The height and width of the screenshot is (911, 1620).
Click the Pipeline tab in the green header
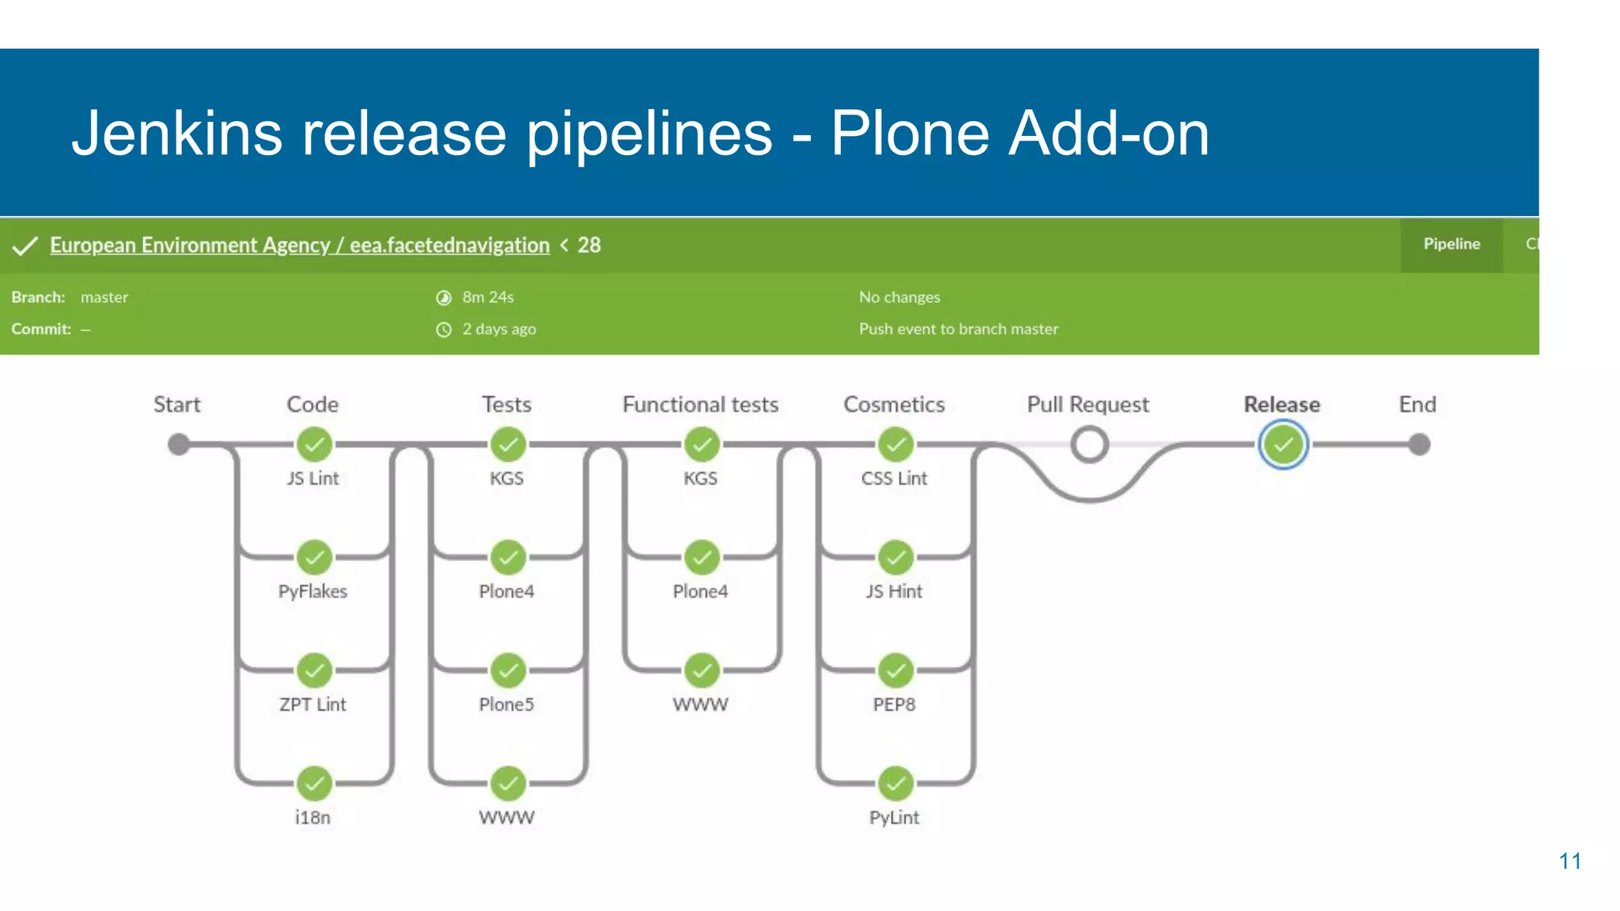[x=1452, y=244]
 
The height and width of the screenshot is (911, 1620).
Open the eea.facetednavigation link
[x=449, y=245]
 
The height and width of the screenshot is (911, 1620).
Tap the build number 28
[x=589, y=245]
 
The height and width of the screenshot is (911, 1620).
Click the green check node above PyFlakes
[x=314, y=558]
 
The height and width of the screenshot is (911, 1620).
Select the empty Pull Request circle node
[x=1089, y=444]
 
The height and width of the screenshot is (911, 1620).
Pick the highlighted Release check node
[x=1283, y=444]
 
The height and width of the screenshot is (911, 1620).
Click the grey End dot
[x=1420, y=444]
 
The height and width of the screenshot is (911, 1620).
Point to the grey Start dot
[x=179, y=444]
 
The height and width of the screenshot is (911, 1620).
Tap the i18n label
[x=312, y=818]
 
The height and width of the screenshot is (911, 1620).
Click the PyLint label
[x=894, y=818]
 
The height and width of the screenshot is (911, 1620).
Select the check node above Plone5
[x=508, y=671]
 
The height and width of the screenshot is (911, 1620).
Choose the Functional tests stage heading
[x=700, y=405]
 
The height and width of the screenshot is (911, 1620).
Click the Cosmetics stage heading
[x=894, y=405]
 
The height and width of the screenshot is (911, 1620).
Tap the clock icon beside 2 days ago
[x=444, y=330]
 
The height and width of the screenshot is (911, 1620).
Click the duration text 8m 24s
[x=488, y=297]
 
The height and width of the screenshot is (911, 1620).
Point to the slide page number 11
[x=1569, y=861]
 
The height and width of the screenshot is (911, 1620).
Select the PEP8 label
[x=894, y=705]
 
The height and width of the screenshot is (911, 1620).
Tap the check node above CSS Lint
[x=895, y=444]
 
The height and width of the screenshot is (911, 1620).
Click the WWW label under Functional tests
[x=700, y=705]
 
